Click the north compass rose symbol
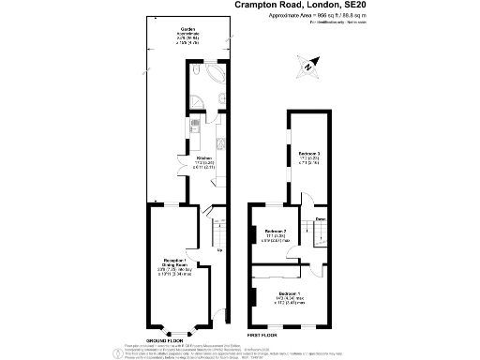click(x=307, y=66)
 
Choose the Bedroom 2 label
click(x=276, y=231)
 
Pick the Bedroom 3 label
click(x=310, y=152)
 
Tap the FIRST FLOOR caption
click(x=262, y=334)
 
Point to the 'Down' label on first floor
click(x=320, y=219)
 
